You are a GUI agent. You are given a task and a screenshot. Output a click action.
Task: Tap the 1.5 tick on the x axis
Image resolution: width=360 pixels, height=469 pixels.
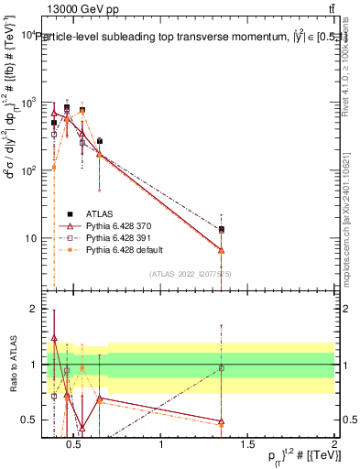(x=249, y=445)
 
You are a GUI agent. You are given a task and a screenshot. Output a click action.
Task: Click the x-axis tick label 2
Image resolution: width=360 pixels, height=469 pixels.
(x=334, y=445)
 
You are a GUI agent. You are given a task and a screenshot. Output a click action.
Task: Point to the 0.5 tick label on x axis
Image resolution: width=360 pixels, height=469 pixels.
(x=77, y=445)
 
